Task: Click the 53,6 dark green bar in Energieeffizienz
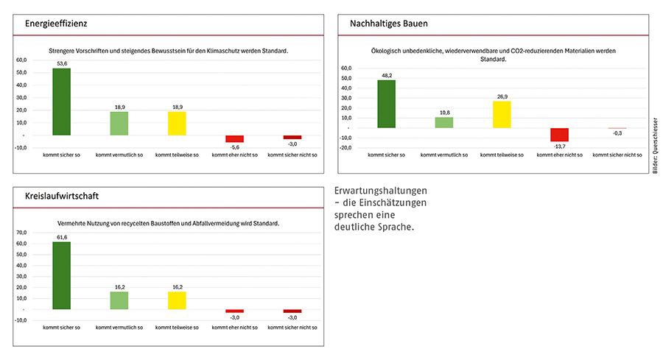62,102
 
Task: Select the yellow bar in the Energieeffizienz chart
176,123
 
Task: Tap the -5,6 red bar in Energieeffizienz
234,138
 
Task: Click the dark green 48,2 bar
386,104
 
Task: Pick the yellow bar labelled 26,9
501,114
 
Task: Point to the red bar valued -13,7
559,135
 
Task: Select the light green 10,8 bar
443,122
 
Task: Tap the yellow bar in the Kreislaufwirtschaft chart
176,300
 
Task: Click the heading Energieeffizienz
56,24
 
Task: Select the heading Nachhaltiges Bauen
388,24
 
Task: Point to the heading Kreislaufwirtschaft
63,197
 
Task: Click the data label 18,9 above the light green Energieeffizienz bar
119,107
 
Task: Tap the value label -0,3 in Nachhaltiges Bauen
617,133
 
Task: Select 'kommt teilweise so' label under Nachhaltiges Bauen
501,155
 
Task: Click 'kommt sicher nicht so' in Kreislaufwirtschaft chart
292,327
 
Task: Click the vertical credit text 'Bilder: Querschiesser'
655,145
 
